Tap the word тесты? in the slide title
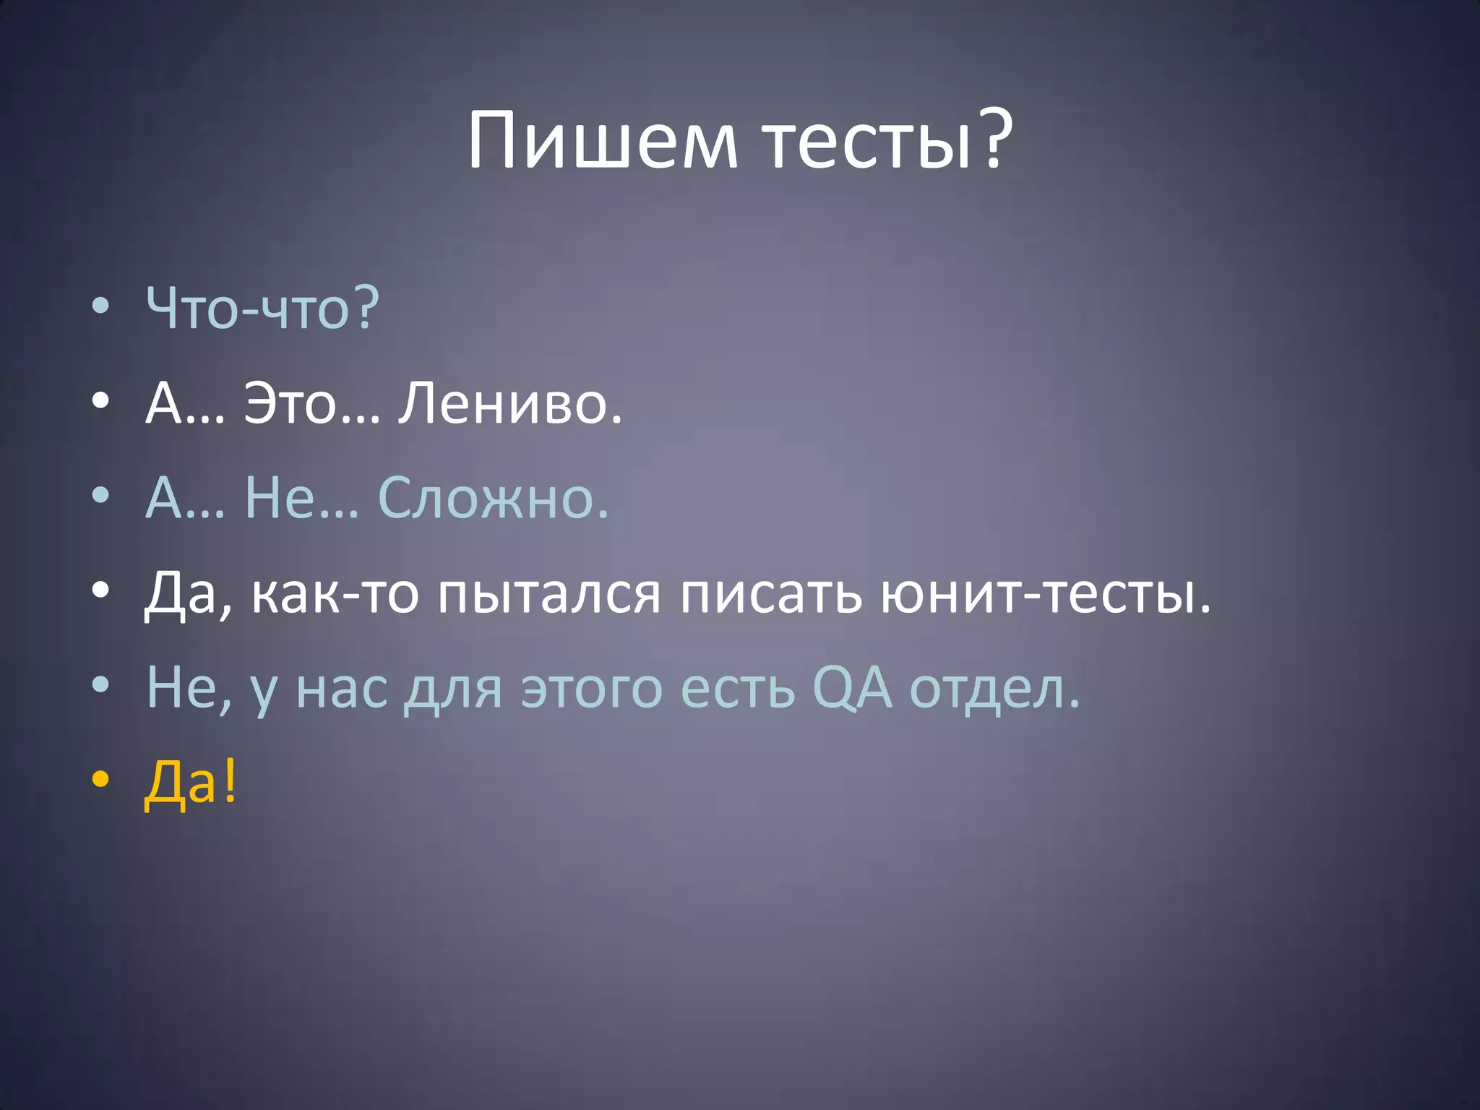click(x=889, y=141)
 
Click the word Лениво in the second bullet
click(x=509, y=403)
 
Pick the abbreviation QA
click(x=852, y=689)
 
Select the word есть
click(x=738, y=689)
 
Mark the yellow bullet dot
click(x=100, y=780)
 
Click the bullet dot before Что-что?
click(x=100, y=306)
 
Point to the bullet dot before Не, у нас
click(x=100, y=685)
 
